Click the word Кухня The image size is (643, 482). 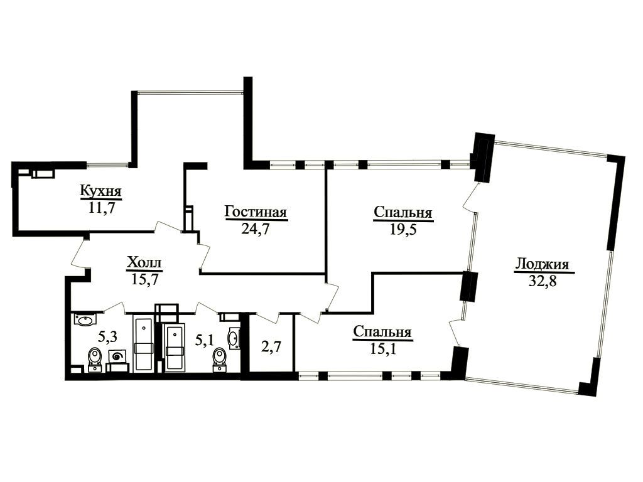point(101,191)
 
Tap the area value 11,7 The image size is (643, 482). point(101,208)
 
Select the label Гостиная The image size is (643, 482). point(256,212)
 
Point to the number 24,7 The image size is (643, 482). point(255,228)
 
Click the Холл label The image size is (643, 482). point(144,262)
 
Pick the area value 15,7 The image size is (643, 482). point(145,279)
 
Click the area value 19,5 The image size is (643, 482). point(403,230)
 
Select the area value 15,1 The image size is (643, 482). point(383,349)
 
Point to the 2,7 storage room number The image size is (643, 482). point(271,346)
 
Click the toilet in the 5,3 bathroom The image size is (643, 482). point(95,358)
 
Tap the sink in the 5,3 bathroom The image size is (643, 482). point(85,319)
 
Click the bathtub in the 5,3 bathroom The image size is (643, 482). point(143,343)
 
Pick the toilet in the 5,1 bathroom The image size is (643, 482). point(220,359)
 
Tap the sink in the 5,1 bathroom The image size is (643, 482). point(234,338)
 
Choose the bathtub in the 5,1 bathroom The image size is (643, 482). point(175,347)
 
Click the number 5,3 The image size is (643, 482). point(108,337)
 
